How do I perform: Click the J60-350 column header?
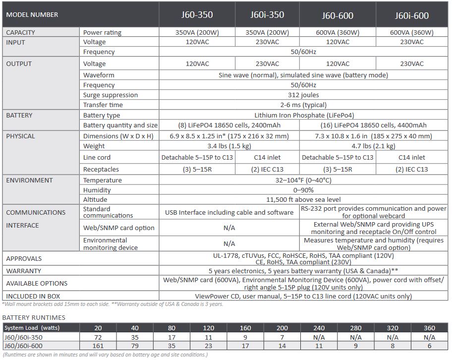[197, 14]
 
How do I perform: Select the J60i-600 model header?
[412, 15]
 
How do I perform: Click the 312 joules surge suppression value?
[303, 95]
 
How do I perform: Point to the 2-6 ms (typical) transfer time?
[303, 105]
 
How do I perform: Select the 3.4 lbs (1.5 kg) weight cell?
[229, 146]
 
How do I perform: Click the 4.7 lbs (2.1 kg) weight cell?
[373, 146]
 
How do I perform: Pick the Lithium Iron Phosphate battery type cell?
[303, 115]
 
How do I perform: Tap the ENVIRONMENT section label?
[29, 180]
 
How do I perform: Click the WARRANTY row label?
[24, 271]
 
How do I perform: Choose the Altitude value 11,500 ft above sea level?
[303, 199]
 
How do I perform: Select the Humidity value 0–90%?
[303, 190]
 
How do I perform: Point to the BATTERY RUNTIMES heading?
[34, 317]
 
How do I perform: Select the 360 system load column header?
[429, 327]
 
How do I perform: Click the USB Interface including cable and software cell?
[229, 212]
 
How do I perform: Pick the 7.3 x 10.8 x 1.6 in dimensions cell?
[373, 136]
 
